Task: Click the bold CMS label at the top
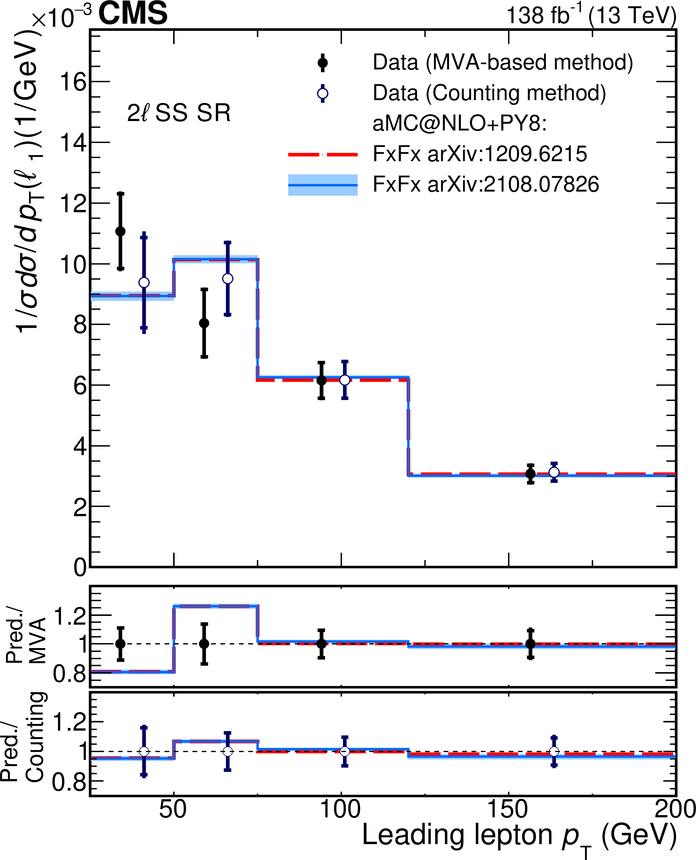click(x=133, y=13)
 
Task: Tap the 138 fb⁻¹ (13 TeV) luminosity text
click(x=591, y=16)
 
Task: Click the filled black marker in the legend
click(x=322, y=63)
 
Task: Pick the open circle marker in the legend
click(x=322, y=94)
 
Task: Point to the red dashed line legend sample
click(x=322, y=154)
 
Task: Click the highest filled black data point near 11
click(x=120, y=231)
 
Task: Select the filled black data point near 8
click(x=204, y=323)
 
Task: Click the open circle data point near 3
click(x=554, y=472)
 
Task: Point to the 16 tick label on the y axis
click(x=73, y=82)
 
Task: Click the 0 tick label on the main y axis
click(x=80, y=567)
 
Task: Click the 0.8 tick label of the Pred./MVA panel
click(x=69, y=674)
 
